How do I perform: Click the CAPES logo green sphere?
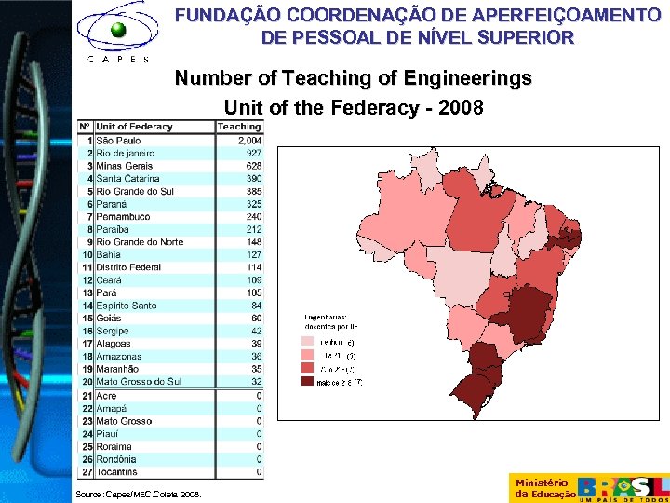pyautogui.click(x=118, y=31)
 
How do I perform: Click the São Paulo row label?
pyautogui.click(x=118, y=140)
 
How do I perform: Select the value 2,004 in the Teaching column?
pyautogui.click(x=249, y=140)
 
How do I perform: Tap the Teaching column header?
pyautogui.click(x=239, y=127)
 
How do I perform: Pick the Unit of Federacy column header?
pyautogui.click(x=134, y=127)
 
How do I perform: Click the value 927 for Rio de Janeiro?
pyautogui.click(x=253, y=153)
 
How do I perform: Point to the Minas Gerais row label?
pyautogui.click(x=124, y=166)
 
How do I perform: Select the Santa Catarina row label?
pyautogui.click(x=127, y=178)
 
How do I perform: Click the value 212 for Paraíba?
pyautogui.click(x=253, y=229)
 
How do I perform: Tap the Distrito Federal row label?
pyautogui.click(x=128, y=267)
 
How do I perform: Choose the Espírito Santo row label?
pyautogui.click(x=127, y=306)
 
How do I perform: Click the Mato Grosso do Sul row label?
pyautogui.click(x=140, y=382)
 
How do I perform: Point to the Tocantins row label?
pyautogui.click(x=116, y=472)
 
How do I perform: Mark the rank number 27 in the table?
pyautogui.click(x=86, y=472)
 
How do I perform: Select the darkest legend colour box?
pyautogui.click(x=307, y=381)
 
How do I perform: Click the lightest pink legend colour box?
pyautogui.click(x=307, y=342)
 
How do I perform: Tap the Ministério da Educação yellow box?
pyautogui.click(x=542, y=488)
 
